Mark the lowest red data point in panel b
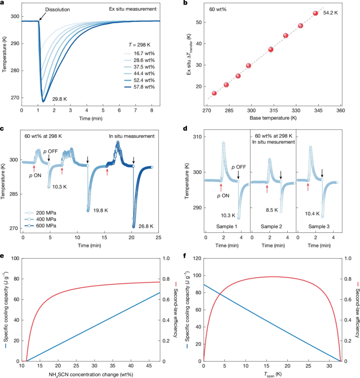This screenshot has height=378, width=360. (x=214, y=93)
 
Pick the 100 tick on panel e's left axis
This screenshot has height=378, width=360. (x=15, y=258)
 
